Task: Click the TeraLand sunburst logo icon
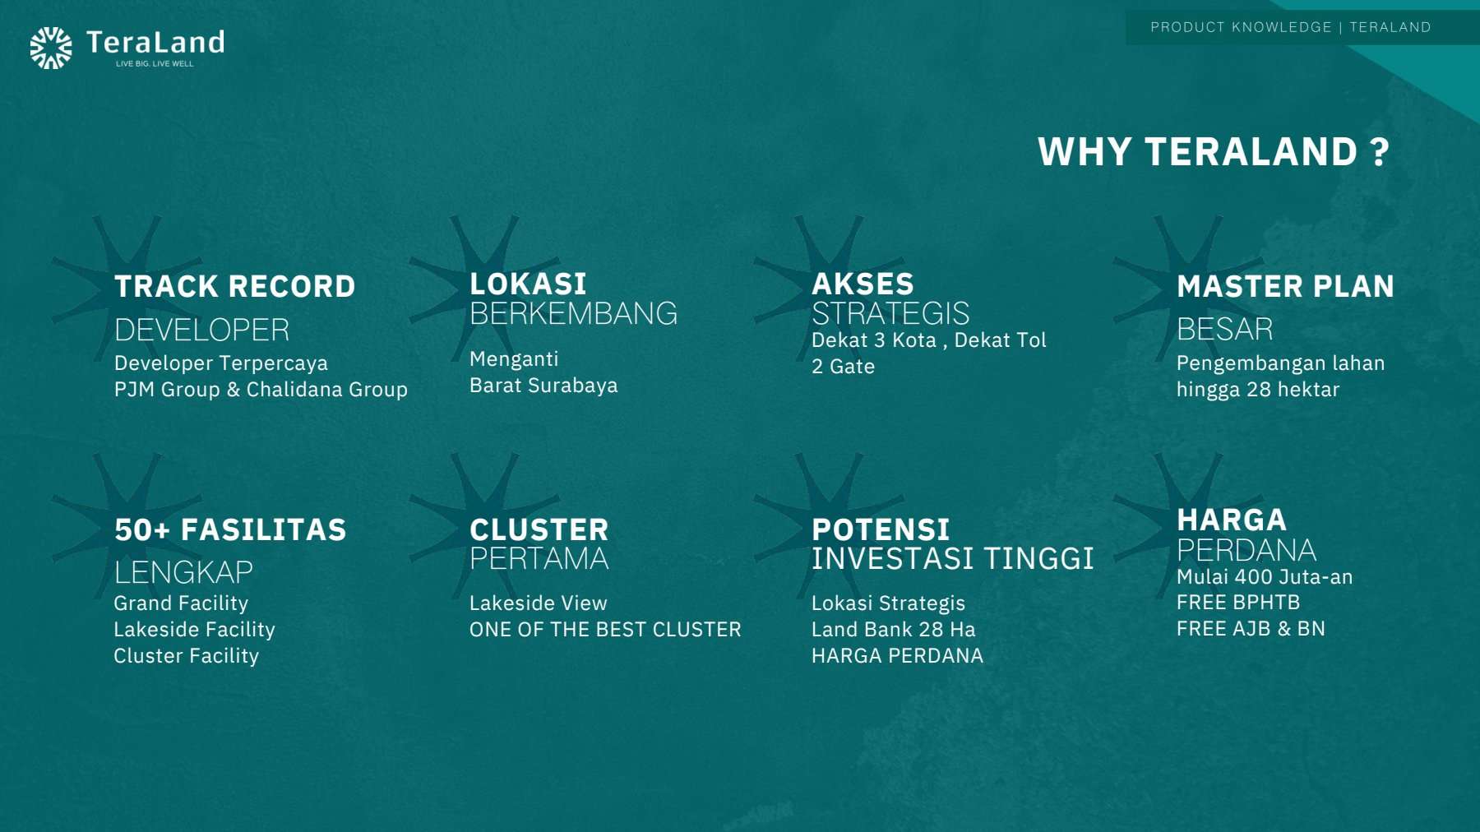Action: pos(51,48)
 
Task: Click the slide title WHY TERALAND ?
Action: pos(1214,152)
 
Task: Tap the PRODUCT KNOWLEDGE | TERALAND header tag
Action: pos(1290,27)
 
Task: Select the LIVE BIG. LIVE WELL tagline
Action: pos(155,63)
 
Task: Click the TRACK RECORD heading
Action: pos(235,286)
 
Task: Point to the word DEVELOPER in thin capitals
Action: pos(202,330)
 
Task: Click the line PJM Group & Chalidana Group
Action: pos(261,390)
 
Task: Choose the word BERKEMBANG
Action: pos(574,313)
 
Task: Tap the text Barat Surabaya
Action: pos(543,386)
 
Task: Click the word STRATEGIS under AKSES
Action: pos(890,313)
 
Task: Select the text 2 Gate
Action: pos(843,367)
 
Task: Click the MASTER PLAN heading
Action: pos(1285,286)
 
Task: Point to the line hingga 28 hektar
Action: pos(1258,390)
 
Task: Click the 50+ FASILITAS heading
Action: pos(230,530)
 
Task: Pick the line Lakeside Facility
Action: pos(194,630)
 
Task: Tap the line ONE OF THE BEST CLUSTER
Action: pos(605,630)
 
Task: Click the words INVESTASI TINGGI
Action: pos(953,558)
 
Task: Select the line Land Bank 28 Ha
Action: pos(894,630)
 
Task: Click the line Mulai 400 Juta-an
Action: pos(1265,577)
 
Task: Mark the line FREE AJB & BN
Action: pos(1251,629)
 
